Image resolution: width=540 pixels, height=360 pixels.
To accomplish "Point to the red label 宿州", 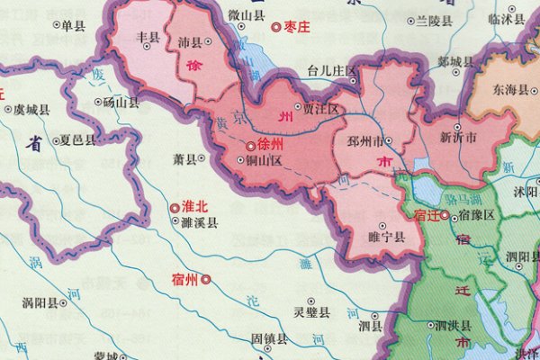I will tap(183, 279).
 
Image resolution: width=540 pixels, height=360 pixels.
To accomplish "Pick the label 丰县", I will tap(147, 38).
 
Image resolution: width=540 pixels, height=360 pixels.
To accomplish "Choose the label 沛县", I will tap(190, 42).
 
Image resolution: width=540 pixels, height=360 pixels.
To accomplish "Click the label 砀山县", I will tap(121, 103).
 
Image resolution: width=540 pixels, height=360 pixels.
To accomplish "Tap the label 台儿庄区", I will tap(332, 69).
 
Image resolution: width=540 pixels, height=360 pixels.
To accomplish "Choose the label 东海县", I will tap(510, 91).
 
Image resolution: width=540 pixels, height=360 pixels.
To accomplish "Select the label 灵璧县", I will tap(312, 312).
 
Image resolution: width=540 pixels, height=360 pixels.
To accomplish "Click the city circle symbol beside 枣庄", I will tap(275, 27).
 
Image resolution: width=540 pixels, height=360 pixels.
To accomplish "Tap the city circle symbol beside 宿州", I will tap(205, 280).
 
